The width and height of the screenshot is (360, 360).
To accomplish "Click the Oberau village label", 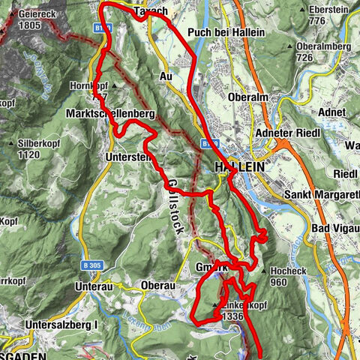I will click(x=157, y=286).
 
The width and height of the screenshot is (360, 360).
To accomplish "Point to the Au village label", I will click(x=166, y=76).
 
